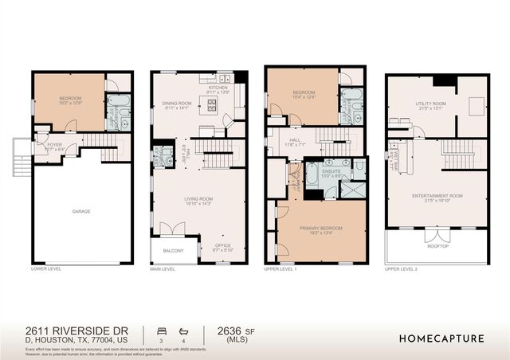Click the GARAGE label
[x=81, y=212]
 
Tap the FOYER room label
[x=54, y=145]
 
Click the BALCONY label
[x=174, y=252]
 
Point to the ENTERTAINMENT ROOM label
[x=437, y=195]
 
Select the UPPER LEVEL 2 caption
[x=402, y=270]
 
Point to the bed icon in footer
[x=163, y=331]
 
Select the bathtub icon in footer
[x=183, y=331]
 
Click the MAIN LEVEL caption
[x=163, y=270]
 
